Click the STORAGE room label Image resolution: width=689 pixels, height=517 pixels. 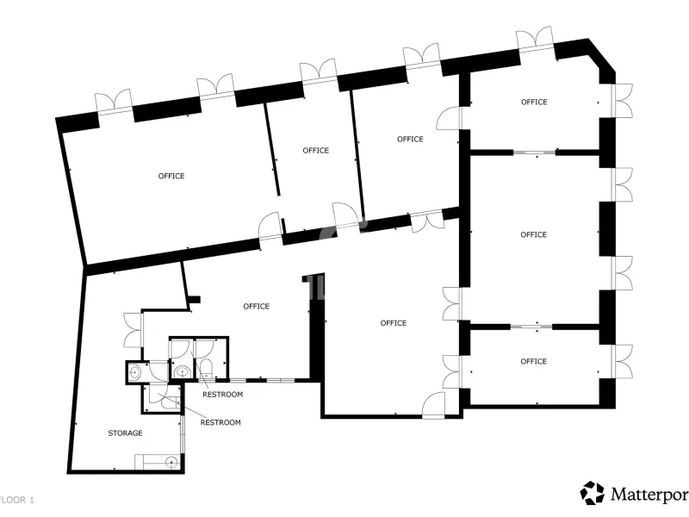coord(125,433)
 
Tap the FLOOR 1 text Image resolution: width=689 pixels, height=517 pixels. coord(16,500)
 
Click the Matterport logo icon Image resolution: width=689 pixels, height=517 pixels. coord(592,493)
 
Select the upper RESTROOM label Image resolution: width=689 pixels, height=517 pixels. coord(222,395)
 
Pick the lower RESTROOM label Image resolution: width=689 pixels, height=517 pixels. coord(220,422)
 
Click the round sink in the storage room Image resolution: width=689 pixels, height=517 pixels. coord(171,463)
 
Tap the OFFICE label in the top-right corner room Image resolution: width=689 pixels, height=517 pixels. coord(534,102)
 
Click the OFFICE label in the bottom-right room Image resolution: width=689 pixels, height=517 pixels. coord(533,361)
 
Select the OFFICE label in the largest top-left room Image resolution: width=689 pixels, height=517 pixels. coord(171,176)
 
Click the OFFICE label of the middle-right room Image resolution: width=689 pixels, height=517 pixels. coord(533,234)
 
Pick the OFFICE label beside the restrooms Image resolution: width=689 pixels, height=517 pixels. coord(256,306)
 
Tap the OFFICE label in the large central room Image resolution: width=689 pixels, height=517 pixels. coord(394,323)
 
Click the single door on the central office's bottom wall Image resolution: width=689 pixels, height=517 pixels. coord(434,405)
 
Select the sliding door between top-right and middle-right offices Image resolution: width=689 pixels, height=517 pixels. coord(535,153)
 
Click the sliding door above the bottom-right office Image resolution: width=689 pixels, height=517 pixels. coord(531,327)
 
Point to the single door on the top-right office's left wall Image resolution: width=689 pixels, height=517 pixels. coord(449,118)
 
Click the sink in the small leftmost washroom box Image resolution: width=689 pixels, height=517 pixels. coord(134,373)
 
